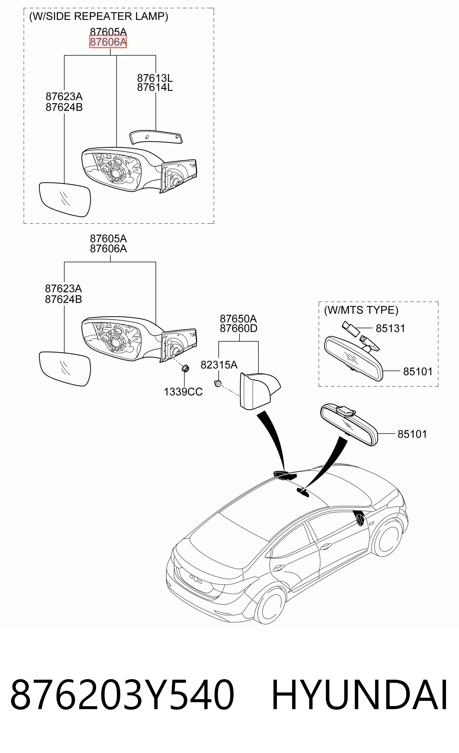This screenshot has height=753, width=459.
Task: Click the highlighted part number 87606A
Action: click(x=108, y=42)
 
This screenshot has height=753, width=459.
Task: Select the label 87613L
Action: click(x=155, y=78)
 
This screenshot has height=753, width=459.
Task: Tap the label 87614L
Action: click(x=155, y=87)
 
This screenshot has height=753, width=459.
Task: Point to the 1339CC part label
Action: click(x=183, y=392)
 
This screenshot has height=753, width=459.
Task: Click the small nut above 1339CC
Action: click(x=185, y=368)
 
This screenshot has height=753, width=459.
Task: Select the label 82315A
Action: click(x=219, y=365)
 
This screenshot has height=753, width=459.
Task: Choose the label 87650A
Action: click(x=238, y=319)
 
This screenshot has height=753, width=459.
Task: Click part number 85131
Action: click(x=390, y=328)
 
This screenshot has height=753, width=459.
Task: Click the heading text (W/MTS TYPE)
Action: click(x=361, y=310)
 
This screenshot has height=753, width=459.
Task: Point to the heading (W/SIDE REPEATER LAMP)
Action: click(x=99, y=16)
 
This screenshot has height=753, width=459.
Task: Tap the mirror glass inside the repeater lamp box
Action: click(x=65, y=199)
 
